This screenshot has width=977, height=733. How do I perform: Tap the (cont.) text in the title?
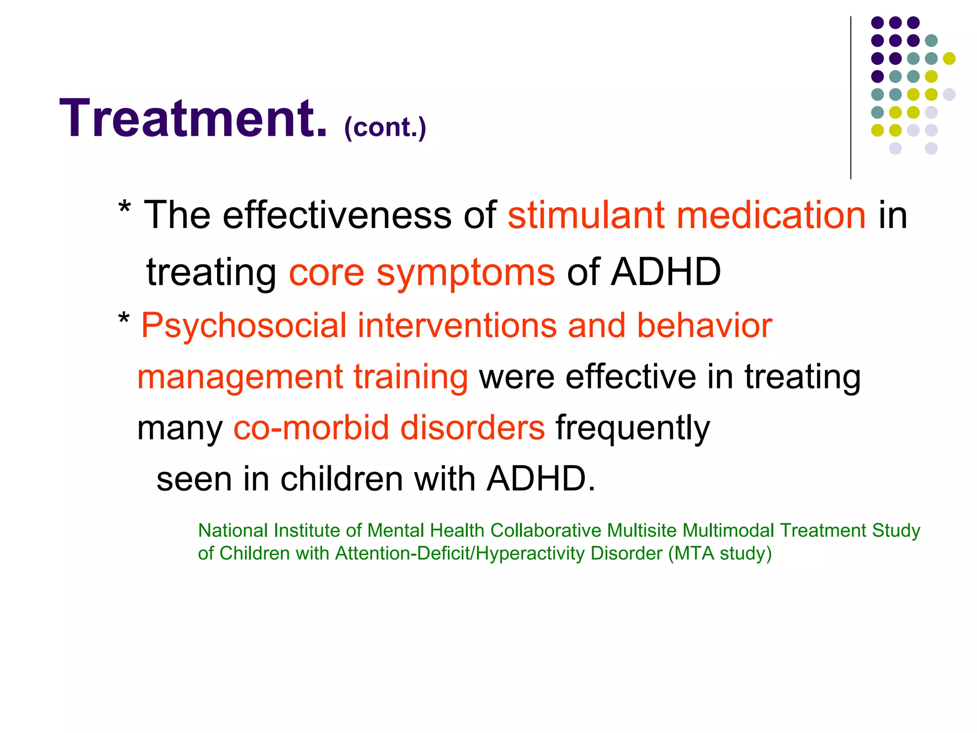point(385,127)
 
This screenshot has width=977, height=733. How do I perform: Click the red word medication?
point(771,215)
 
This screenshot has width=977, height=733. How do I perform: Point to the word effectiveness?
point(336,215)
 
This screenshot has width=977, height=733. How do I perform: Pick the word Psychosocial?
point(244,326)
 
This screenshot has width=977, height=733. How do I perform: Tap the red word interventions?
point(457,326)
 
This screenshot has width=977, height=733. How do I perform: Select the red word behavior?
point(704,326)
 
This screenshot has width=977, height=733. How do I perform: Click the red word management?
point(239,377)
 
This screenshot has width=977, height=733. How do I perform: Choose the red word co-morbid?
point(311,428)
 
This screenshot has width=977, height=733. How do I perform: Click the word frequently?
point(633,429)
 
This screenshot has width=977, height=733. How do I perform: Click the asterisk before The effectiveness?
point(125,209)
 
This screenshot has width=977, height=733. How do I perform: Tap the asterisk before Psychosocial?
point(124,319)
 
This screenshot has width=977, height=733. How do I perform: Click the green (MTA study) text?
point(719,554)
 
